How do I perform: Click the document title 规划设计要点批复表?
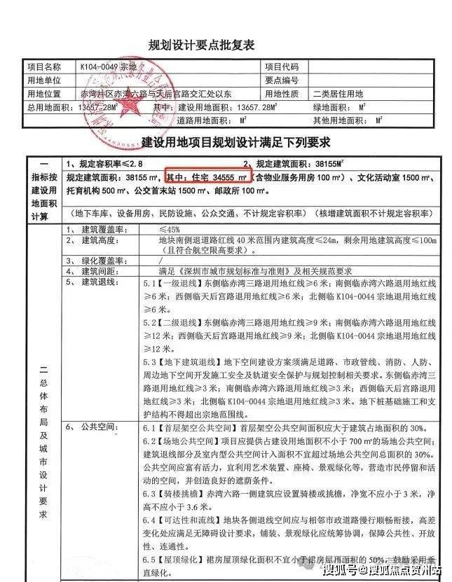pos(201,46)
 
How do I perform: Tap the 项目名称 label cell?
pos(43,67)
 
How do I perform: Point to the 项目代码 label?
pos(282,67)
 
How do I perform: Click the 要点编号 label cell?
pos(282,81)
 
